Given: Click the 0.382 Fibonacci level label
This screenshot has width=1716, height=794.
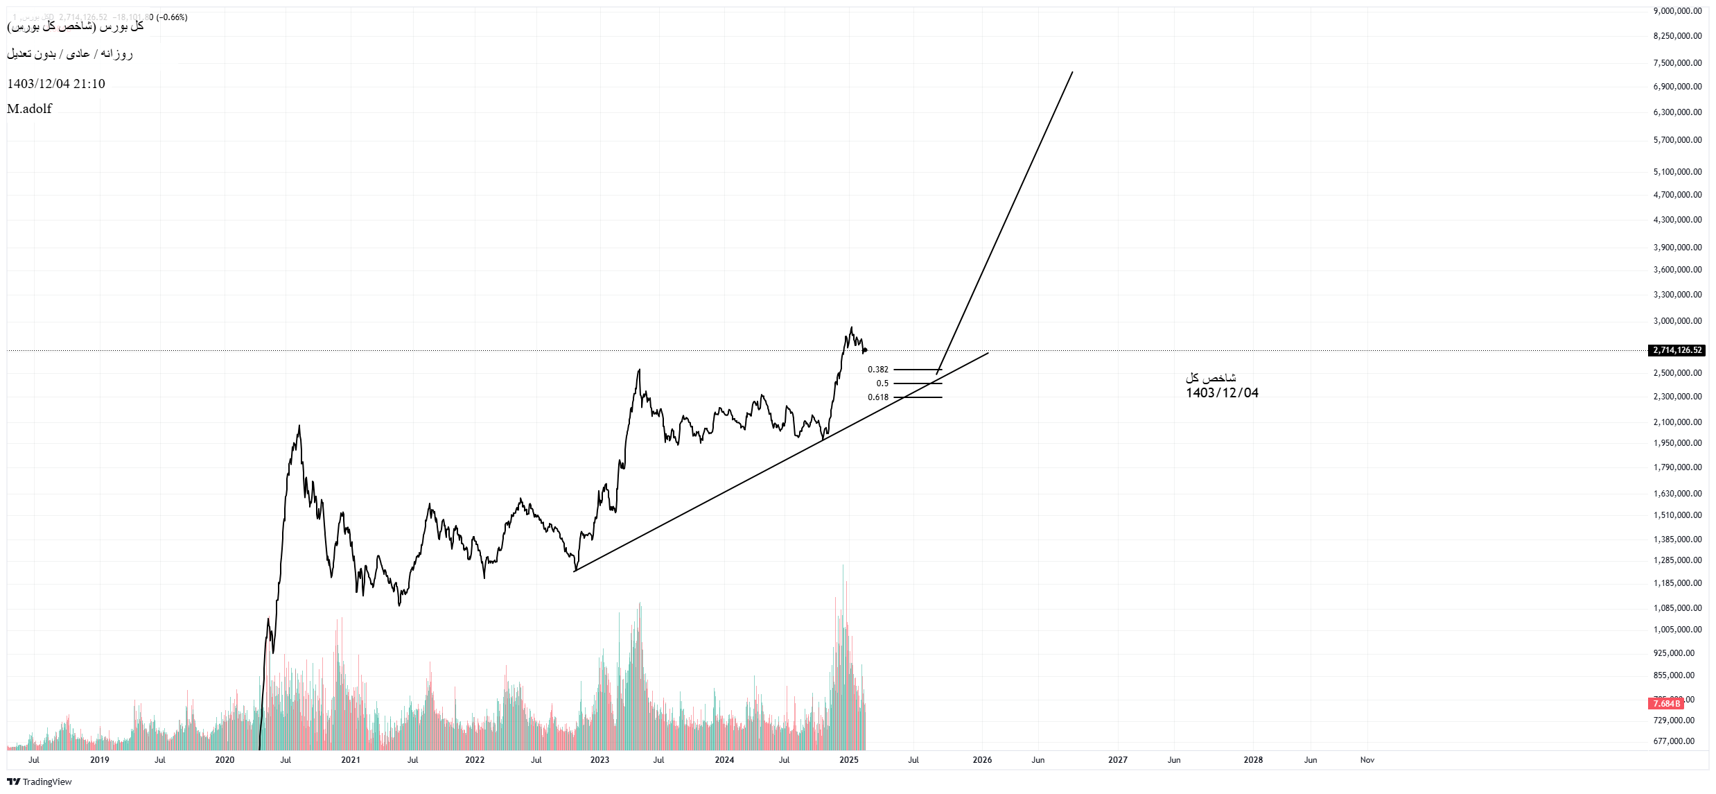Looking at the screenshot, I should coord(877,370).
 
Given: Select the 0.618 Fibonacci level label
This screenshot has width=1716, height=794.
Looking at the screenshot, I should coord(877,397).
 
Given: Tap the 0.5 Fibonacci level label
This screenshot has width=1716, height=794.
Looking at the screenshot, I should coord(882,383).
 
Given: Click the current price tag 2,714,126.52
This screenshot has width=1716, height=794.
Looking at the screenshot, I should coord(1676,350).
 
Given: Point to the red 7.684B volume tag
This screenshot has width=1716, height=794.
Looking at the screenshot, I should coord(1666,704).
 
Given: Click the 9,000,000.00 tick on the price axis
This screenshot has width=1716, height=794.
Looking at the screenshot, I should coord(1677,11).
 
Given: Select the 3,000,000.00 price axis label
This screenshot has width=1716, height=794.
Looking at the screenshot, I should coord(1677,321).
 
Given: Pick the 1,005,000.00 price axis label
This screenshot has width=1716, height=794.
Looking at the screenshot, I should coord(1677,630).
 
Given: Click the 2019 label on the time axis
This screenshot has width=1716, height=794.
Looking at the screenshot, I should coord(100,760).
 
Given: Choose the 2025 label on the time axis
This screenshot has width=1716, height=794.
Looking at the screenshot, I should coord(848,760).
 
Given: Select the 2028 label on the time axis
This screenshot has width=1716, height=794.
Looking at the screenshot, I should coord(1253,760).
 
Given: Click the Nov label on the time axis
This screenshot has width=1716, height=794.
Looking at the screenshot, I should coord(1367,760).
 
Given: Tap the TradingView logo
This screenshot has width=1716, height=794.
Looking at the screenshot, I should coord(40,782).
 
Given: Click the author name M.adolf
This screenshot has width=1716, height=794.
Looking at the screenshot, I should coord(29,109).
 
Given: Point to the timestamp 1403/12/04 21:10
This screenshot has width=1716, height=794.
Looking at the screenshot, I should coord(56,84).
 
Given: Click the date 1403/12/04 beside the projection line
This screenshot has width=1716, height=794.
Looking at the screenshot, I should coord(1222,393).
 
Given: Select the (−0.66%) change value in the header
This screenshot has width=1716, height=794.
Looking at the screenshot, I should coord(172,17).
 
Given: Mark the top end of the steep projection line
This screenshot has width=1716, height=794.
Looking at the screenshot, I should coord(1072,72).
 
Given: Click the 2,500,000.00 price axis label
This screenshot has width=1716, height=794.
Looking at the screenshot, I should coord(1677,373).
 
